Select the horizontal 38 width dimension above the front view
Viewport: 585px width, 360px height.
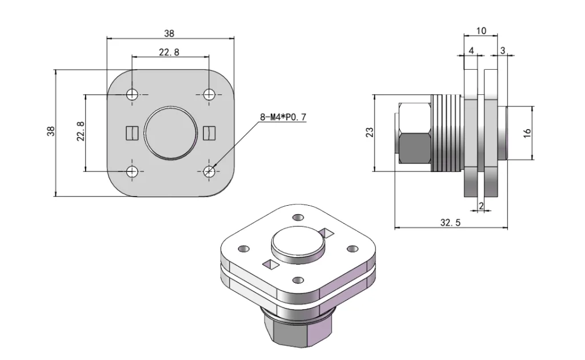tap(170, 34)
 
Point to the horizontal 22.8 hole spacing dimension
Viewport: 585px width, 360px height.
tap(169, 52)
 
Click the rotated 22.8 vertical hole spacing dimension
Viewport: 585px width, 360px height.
tap(81, 131)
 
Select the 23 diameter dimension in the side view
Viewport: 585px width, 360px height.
tap(370, 132)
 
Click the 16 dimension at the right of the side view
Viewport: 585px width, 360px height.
tap(527, 132)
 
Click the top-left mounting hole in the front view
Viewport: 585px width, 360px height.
tap(133, 94)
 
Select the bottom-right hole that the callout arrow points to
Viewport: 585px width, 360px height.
tap(209, 170)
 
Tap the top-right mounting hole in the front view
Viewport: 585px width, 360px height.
tap(209, 94)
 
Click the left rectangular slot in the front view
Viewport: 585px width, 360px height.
tap(132, 133)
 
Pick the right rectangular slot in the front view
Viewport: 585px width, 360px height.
tap(209, 133)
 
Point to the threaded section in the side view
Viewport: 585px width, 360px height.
tap(446, 132)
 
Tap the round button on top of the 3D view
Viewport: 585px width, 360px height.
tap(298, 245)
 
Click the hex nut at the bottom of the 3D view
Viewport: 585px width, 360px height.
tap(297, 331)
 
